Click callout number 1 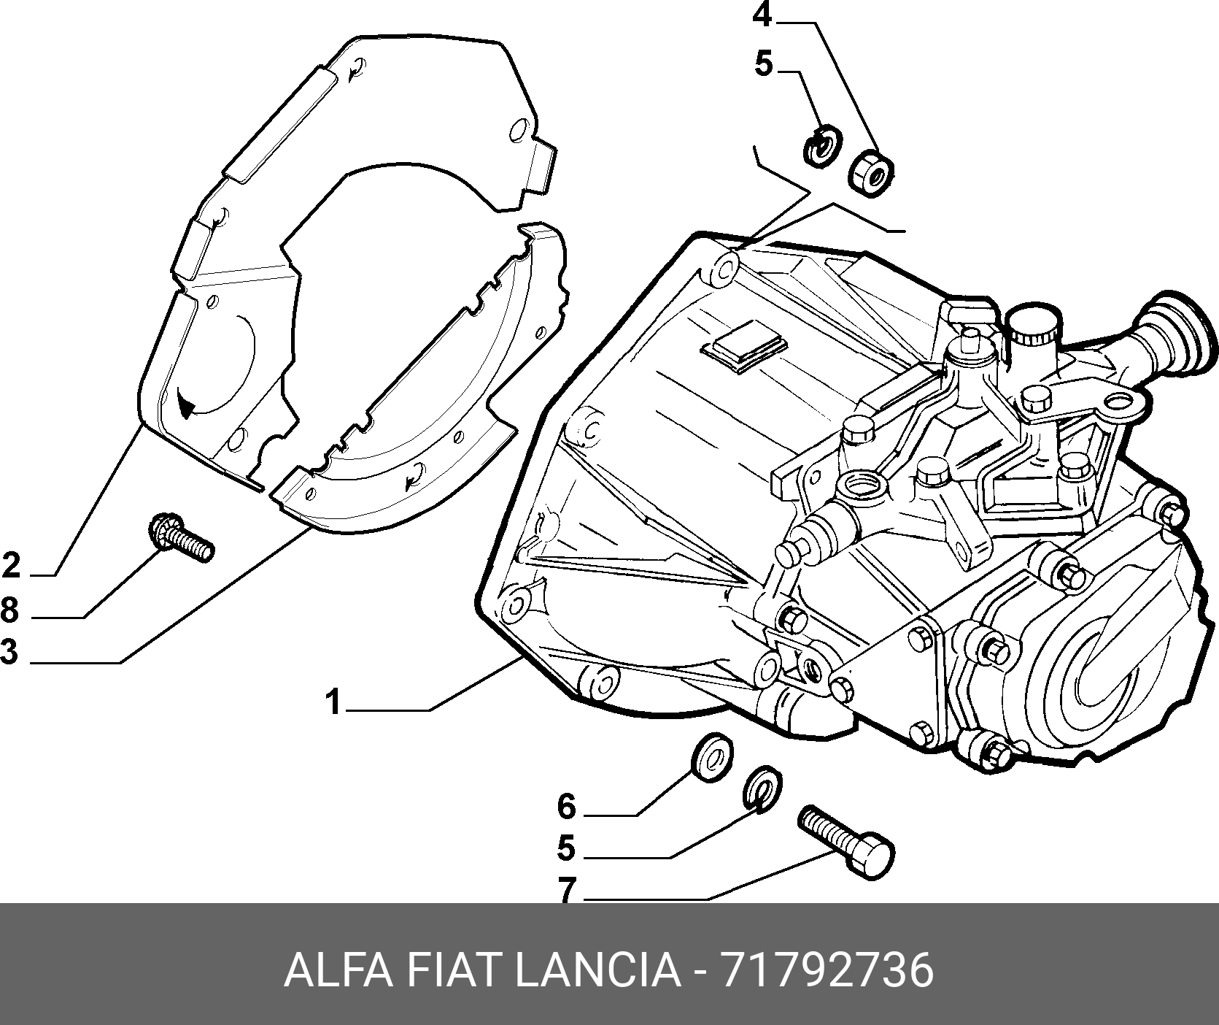click(333, 702)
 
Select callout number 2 click(11, 566)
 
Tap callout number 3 click(9, 650)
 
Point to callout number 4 click(762, 15)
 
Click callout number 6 click(567, 807)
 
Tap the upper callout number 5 click(763, 64)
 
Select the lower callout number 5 click(566, 848)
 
